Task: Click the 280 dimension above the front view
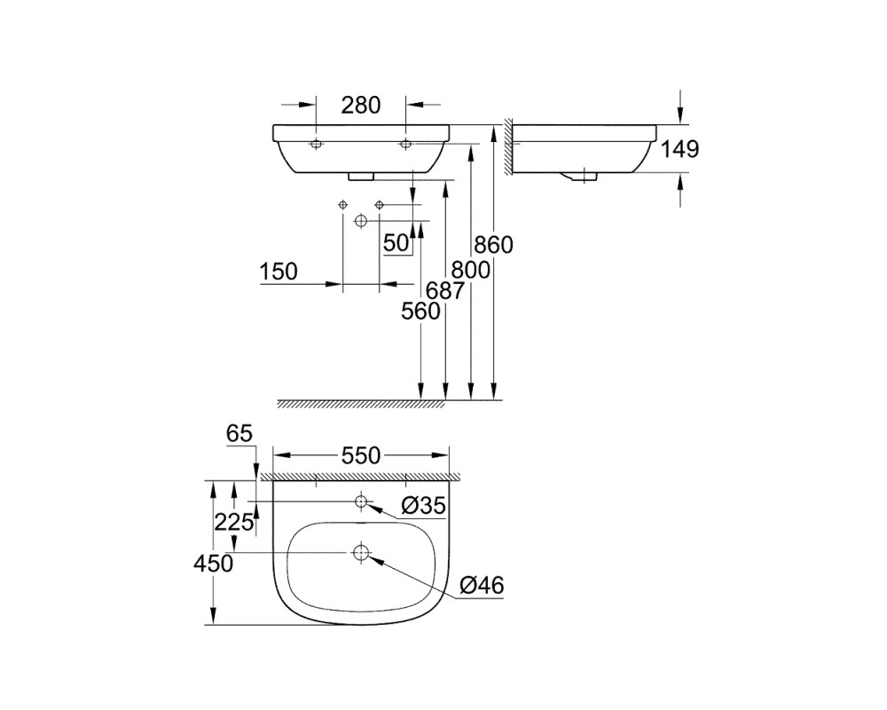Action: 361,106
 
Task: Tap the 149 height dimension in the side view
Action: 680,149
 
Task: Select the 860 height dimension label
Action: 493,245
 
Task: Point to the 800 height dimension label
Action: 471,270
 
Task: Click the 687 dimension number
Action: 444,291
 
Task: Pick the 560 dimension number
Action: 420,312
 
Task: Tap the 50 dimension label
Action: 396,243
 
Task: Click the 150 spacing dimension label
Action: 279,272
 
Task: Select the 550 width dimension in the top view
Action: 361,455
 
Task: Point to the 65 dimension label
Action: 239,434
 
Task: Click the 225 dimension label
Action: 233,522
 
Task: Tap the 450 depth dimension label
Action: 213,564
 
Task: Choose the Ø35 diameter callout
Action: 423,506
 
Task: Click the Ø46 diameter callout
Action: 482,586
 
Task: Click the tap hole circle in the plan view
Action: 361,501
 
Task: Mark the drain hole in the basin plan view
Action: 360,553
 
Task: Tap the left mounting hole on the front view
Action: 316,145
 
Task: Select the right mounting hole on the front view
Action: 405,145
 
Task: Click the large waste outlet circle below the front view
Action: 360,221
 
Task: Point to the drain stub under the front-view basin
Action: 361,177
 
